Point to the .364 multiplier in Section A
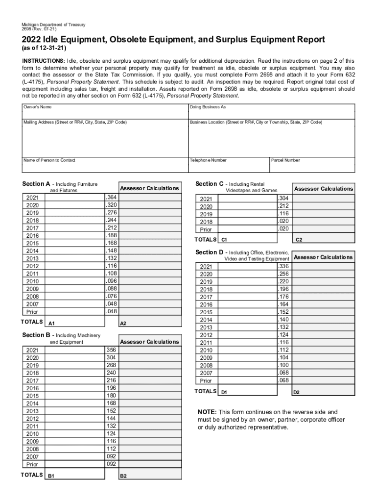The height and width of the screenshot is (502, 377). pyautogui.click(x=111, y=197)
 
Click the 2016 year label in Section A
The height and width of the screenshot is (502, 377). pyautogui.click(x=33, y=236)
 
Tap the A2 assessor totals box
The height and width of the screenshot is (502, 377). pyautogui.click(x=150, y=321)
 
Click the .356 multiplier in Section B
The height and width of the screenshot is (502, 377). pyautogui.click(x=111, y=350)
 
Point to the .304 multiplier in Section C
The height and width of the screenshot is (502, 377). pyautogui.click(x=283, y=199)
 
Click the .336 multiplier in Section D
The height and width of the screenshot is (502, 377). pyautogui.click(x=283, y=266)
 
